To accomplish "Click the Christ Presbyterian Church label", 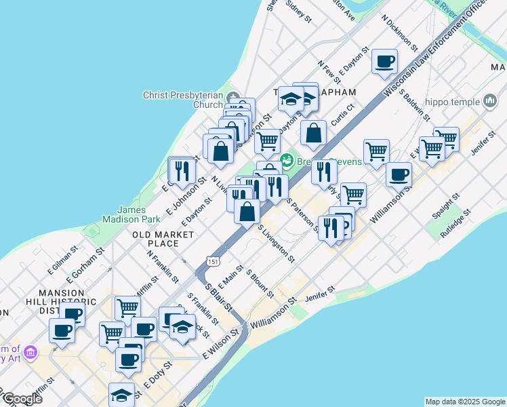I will [x=183, y=100].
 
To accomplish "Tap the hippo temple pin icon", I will [x=490, y=102].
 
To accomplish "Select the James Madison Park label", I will [x=130, y=214].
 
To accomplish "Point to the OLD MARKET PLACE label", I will [x=163, y=239].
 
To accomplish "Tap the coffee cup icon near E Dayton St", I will [x=384, y=62].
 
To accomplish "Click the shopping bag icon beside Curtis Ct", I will [x=314, y=134].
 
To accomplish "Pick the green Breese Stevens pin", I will [x=287, y=161].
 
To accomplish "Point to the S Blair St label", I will [x=219, y=294].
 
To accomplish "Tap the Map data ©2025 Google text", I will [x=465, y=402].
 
